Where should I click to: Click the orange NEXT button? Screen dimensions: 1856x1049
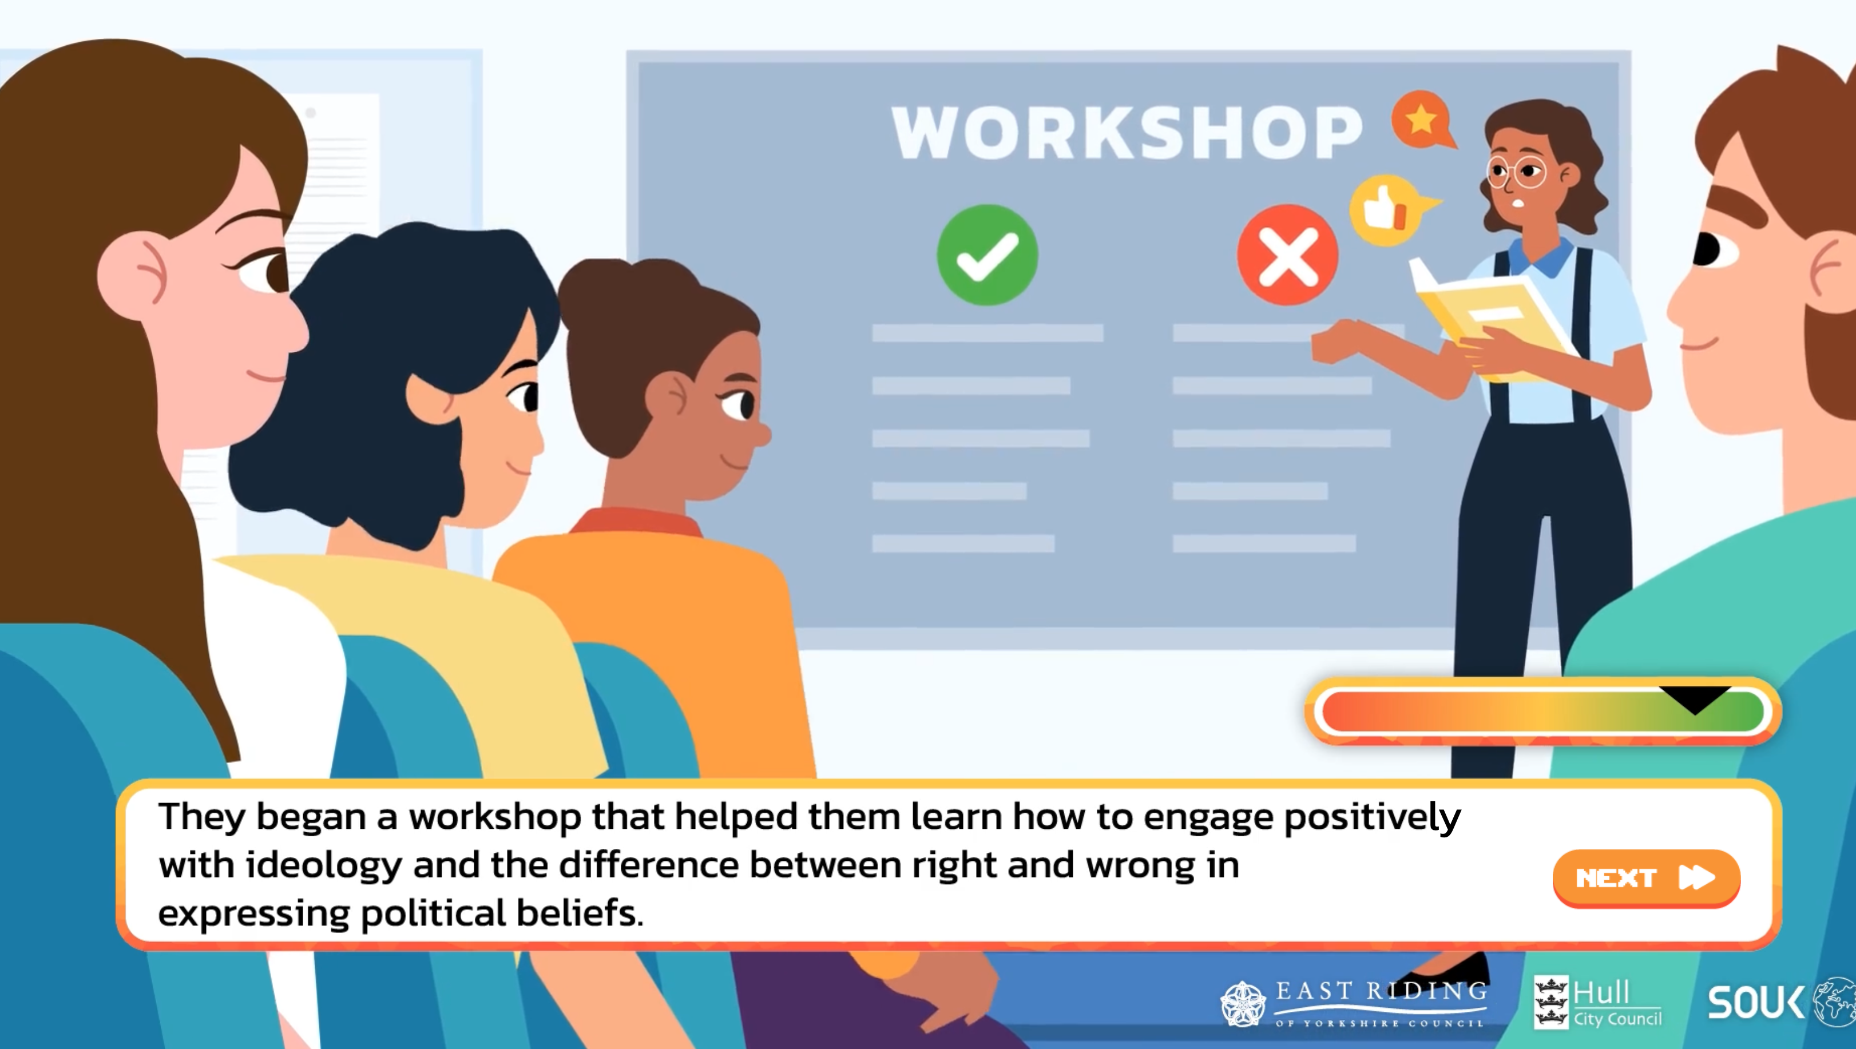[1647, 877]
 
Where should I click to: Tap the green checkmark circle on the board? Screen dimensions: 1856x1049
[987, 255]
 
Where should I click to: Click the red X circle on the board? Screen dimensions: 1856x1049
[1287, 255]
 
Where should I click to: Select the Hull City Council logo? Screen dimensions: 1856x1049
[1598, 1002]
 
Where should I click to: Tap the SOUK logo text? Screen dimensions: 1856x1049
[1756, 1002]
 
